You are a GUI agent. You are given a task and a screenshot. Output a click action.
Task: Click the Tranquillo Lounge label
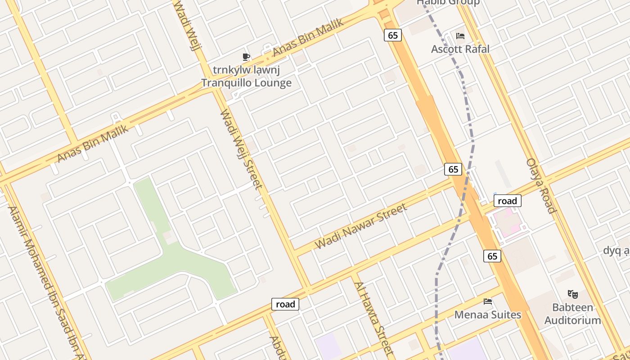246,83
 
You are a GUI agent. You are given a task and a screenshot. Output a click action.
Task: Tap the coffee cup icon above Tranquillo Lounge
246,57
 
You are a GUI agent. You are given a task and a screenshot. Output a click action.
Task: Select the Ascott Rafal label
460,49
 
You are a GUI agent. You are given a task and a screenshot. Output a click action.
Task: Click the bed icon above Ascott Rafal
460,36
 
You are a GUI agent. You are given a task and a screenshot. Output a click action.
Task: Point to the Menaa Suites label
487,315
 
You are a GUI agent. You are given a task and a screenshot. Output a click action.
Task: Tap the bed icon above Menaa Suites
487,301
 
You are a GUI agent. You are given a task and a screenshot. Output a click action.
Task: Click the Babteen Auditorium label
572,314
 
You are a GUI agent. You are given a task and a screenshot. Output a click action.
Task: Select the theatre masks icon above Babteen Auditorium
572,294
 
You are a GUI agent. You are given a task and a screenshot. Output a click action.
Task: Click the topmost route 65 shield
392,35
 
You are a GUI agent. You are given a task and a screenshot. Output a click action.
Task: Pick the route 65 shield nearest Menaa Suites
492,256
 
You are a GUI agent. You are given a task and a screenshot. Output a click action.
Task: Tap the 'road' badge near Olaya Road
507,201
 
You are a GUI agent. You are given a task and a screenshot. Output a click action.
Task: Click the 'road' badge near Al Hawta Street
285,304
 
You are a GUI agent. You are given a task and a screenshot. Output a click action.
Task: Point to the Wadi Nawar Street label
361,226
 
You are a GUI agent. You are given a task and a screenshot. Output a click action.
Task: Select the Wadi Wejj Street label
241,149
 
